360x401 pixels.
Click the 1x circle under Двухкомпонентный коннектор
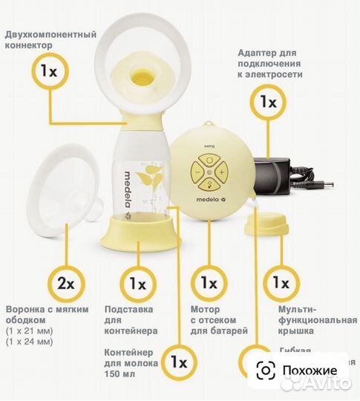48,72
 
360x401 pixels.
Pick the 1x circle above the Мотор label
209,284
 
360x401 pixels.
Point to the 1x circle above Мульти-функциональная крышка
281,284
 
